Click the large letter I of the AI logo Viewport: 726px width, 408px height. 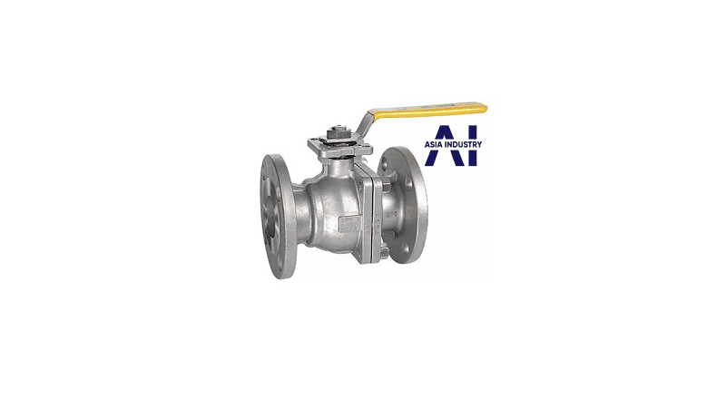[x=472, y=145]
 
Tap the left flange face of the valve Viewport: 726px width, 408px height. [x=278, y=216]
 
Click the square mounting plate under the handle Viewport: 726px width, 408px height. [x=340, y=147]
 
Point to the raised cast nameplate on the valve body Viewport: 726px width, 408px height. [x=350, y=225]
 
